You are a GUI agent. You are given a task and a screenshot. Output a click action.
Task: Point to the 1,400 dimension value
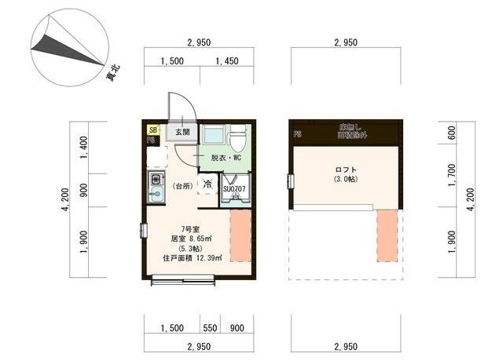pos(83,145)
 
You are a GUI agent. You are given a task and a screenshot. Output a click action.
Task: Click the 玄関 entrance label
pos(182,132)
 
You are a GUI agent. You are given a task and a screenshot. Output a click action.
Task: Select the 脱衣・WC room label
pos(224,158)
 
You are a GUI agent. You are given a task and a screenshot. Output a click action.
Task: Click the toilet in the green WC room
pos(237,138)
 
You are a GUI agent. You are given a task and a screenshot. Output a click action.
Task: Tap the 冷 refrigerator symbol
pos(207,185)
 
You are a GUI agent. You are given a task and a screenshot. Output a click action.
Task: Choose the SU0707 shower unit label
pos(235,189)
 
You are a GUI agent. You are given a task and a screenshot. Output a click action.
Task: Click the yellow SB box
pos(152,129)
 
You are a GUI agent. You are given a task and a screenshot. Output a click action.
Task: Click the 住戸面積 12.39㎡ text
pos(193,257)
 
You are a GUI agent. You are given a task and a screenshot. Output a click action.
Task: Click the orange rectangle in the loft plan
pos(387,235)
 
